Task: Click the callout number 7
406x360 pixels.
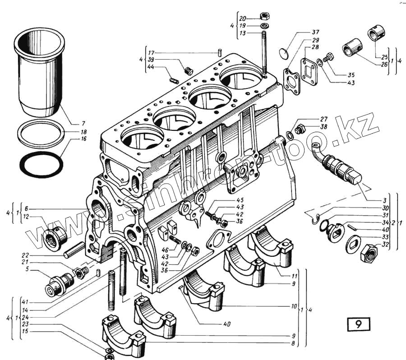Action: tap(83, 123)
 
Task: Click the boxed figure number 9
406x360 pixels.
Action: tap(359, 324)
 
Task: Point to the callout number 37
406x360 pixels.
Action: tap(315, 32)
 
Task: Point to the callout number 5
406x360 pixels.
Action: tap(27, 270)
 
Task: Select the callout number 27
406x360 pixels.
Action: tap(323, 119)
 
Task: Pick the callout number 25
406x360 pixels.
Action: tap(384, 58)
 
